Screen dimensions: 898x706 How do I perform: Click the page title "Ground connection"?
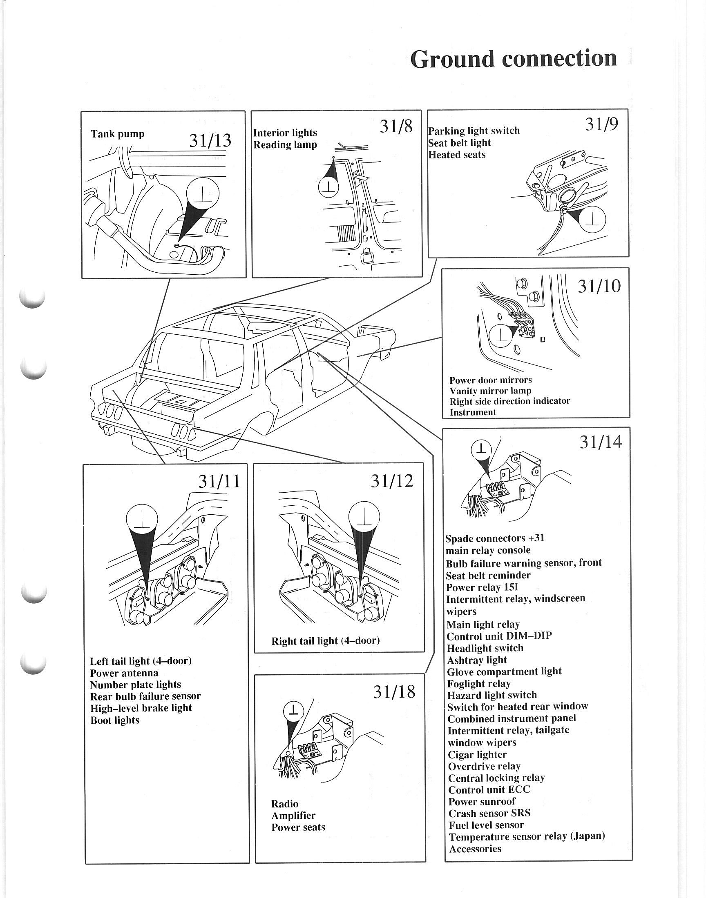(514, 59)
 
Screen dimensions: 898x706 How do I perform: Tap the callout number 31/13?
(210, 141)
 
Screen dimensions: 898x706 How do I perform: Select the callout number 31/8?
(396, 127)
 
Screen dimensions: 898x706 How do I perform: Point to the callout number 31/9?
(601, 124)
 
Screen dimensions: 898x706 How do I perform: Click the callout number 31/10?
(599, 286)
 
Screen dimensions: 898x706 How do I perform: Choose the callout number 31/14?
(600, 442)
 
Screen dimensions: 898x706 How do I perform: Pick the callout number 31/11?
(219, 481)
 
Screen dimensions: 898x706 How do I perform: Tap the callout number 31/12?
(391, 480)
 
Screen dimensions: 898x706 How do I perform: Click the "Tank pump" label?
(117, 134)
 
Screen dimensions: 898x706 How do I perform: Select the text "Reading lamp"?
(285, 145)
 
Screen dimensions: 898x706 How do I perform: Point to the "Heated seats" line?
(457, 155)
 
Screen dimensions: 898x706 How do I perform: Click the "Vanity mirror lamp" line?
(490, 391)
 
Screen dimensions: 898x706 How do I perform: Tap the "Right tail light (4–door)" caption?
(325, 641)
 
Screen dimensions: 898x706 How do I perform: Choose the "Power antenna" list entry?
(124, 673)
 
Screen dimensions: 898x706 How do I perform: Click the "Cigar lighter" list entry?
(478, 755)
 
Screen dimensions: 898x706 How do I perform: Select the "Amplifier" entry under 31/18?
(293, 816)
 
